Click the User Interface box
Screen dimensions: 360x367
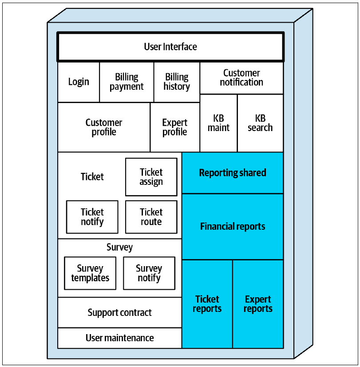coord(170,47)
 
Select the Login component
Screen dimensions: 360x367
coord(79,82)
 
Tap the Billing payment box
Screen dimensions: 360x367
coord(127,82)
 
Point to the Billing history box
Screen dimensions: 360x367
coord(177,82)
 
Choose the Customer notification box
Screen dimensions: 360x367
coord(241,78)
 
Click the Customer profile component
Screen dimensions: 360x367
coord(104,127)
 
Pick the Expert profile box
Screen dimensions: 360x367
coord(175,127)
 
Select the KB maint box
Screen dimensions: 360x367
coord(218,123)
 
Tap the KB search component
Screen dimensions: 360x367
coord(261,123)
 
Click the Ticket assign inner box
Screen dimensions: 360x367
coord(151,177)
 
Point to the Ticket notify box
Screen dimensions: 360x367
coord(92,217)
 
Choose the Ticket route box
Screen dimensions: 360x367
coord(151,217)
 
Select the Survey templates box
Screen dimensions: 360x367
coord(90,273)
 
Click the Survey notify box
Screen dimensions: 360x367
coord(149,273)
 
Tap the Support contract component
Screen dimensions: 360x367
coord(120,312)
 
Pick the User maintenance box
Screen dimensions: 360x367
coord(120,338)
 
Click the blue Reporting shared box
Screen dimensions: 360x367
coord(233,173)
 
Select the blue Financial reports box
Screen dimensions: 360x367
coord(233,227)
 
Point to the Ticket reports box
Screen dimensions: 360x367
coord(207,304)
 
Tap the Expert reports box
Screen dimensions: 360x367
coord(258,304)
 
